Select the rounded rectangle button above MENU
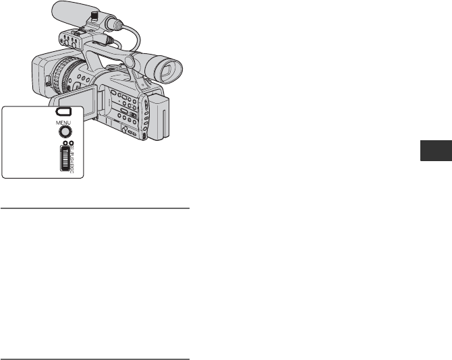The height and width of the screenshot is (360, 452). [63, 112]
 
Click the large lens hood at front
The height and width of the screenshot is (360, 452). [43, 74]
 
